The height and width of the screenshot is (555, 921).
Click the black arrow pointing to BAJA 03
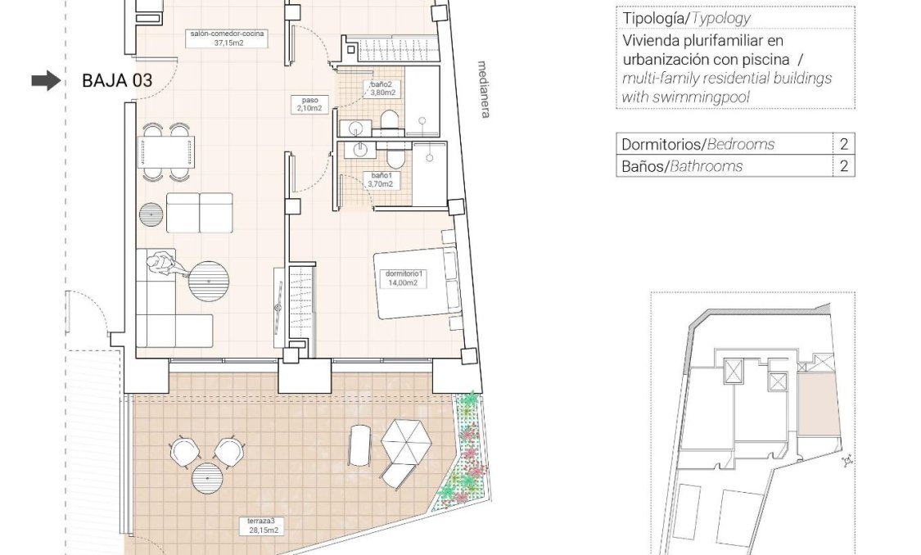click(x=46, y=80)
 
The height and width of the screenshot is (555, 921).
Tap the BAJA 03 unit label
click(x=117, y=80)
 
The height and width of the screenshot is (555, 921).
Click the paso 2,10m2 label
click(x=309, y=104)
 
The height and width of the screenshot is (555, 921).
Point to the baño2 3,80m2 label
click(x=381, y=88)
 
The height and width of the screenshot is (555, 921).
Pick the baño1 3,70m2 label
click(x=381, y=179)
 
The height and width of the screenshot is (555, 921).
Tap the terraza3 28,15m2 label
click(x=263, y=526)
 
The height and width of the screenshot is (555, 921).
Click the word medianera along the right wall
click(x=484, y=89)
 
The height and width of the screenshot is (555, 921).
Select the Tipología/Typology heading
click(x=685, y=18)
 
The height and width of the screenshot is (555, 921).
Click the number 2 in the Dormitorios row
click(x=843, y=144)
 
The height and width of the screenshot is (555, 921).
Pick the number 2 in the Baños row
click(x=843, y=166)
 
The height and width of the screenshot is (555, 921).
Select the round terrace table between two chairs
click(x=207, y=477)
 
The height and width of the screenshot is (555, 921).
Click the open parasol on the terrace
click(x=406, y=441)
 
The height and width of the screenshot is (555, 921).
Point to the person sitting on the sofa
click(x=162, y=264)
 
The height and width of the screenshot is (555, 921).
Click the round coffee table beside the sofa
click(x=209, y=282)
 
